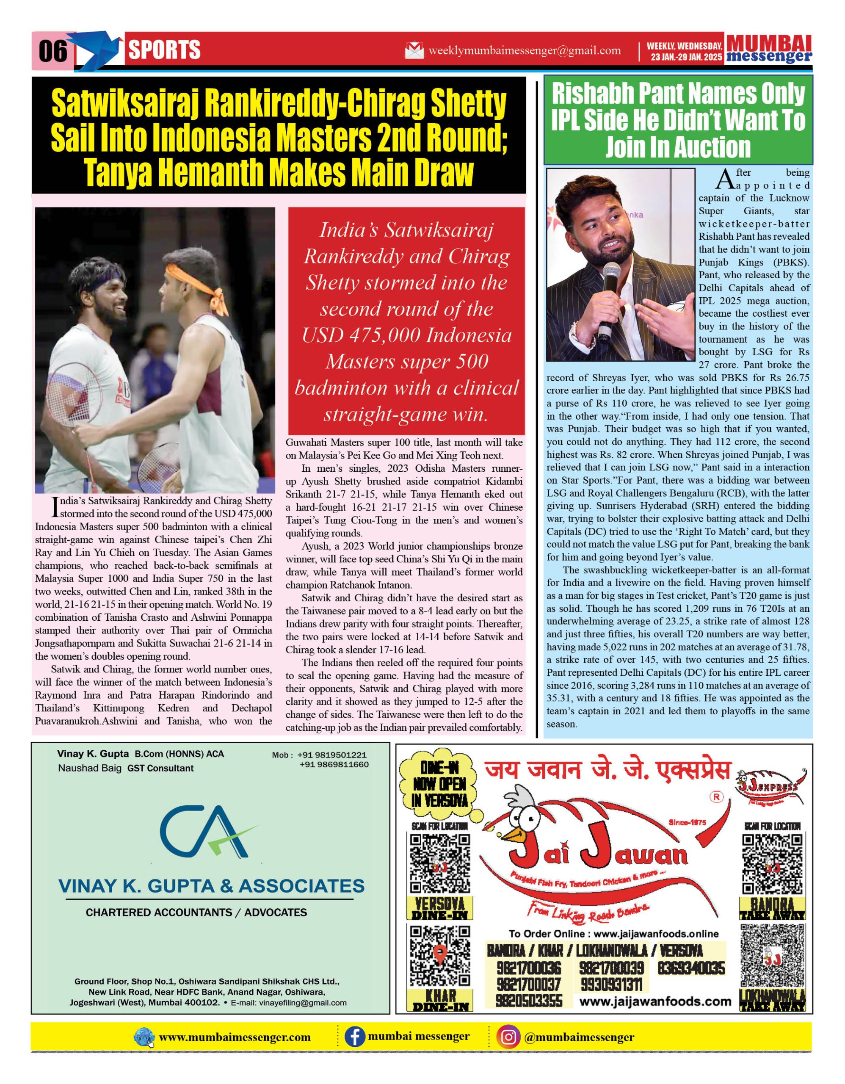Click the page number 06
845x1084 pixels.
tap(52, 51)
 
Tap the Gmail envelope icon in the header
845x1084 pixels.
tap(414, 51)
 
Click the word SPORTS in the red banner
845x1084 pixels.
tap(164, 50)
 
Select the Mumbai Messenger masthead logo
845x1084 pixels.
tap(769, 50)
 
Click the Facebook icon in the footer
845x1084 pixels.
tap(355, 1037)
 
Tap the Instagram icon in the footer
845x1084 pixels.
tap(508, 1037)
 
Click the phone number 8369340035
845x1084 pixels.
tap(691, 968)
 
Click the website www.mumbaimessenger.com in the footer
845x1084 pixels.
tap(235, 1037)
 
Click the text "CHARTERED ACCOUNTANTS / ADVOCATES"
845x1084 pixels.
tap(196, 912)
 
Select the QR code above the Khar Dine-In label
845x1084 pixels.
tap(439, 956)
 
